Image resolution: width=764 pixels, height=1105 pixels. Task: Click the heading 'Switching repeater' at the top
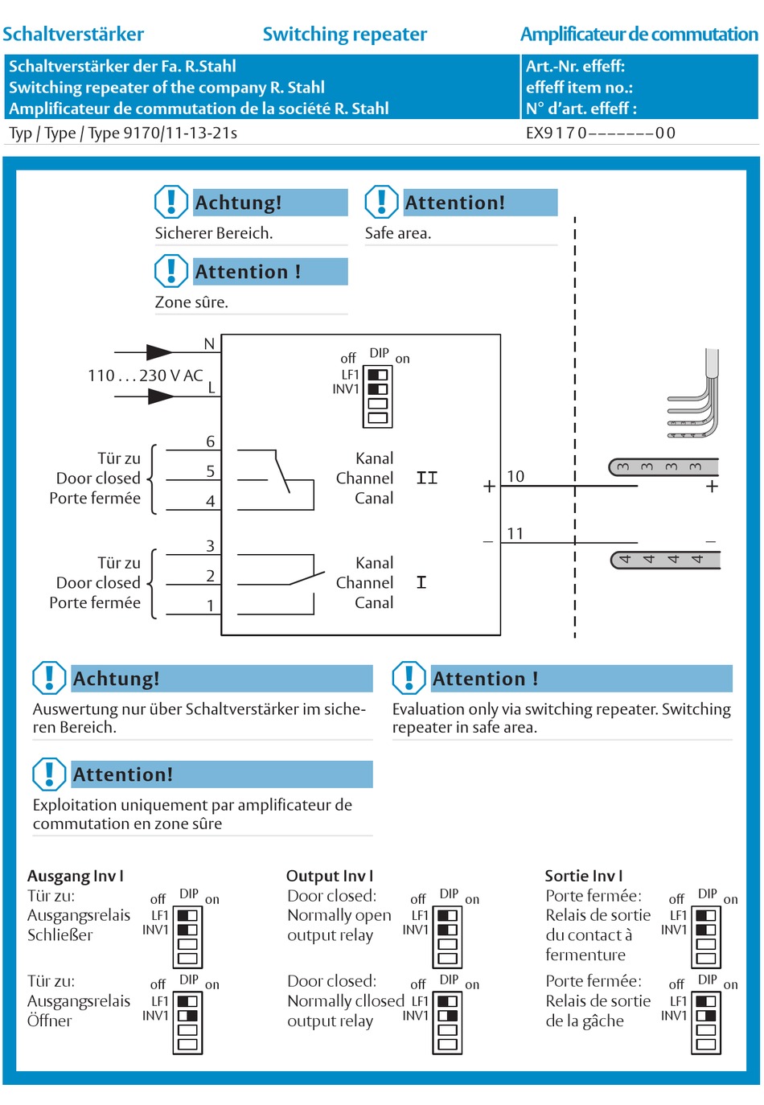click(344, 35)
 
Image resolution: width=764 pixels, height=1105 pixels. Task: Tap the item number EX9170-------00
click(600, 134)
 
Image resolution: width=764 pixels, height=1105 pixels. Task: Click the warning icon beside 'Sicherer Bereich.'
click(171, 202)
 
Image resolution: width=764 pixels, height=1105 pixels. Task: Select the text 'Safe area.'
click(398, 233)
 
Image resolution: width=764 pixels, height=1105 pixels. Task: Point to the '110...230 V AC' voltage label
click(145, 376)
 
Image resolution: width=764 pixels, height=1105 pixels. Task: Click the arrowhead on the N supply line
click(159, 352)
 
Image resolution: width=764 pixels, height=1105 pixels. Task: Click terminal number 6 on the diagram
click(211, 442)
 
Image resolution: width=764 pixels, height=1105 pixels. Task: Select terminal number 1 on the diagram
click(211, 606)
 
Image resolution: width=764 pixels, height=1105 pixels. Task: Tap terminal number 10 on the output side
click(515, 476)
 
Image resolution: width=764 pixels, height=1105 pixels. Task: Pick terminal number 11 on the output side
click(515, 533)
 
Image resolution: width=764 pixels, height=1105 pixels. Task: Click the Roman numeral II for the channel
click(427, 479)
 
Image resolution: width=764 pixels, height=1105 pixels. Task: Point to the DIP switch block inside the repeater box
click(377, 396)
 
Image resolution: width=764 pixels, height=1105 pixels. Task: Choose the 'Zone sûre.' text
click(191, 302)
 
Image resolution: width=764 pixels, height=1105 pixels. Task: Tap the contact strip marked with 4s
click(665, 560)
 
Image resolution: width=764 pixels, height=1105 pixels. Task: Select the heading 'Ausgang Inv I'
click(76, 876)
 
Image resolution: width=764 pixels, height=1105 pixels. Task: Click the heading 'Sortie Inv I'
click(583, 876)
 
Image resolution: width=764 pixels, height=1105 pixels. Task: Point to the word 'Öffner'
click(50, 1021)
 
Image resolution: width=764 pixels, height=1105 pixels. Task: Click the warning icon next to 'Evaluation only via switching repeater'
click(409, 678)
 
